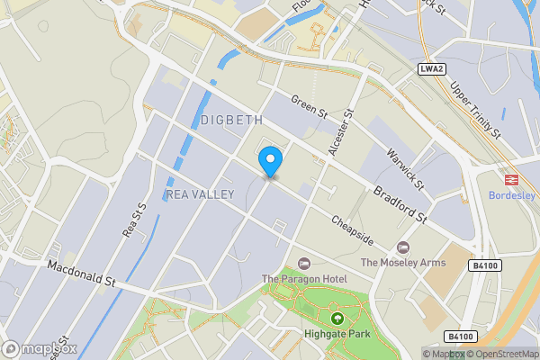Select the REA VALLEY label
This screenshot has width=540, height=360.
201,194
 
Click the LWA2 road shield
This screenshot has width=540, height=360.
432,69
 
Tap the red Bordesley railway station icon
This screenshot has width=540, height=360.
511,179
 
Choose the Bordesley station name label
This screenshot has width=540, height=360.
511,195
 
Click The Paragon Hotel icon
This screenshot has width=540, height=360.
304,264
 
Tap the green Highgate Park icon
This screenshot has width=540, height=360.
337,319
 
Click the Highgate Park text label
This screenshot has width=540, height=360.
337,335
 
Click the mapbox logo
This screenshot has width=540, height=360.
39,348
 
